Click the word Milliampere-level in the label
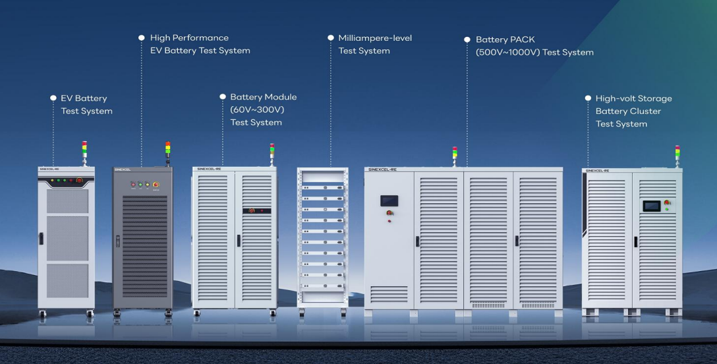click(x=375, y=38)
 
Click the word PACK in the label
click(x=525, y=40)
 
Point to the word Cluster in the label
click(x=645, y=111)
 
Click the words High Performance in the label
click(x=189, y=38)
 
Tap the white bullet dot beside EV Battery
click(x=53, y=98)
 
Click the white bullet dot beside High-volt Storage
click(x=588, y=98)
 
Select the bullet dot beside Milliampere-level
click(x=331, y=38)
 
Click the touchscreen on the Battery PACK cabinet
click(x=389, y=200)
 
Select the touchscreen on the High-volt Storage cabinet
click(x=651, y=206)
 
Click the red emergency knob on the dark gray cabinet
click(x=156, y=185)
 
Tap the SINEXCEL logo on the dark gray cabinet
click(x=123, y=169)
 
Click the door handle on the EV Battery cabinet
click(x=41, y=238)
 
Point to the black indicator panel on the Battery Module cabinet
click(x=256, y=210)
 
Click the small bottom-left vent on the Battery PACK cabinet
click(x=388, y=293)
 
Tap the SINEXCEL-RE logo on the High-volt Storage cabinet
click(x=596, y=171)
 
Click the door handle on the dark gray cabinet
click(x=119, y=241)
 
